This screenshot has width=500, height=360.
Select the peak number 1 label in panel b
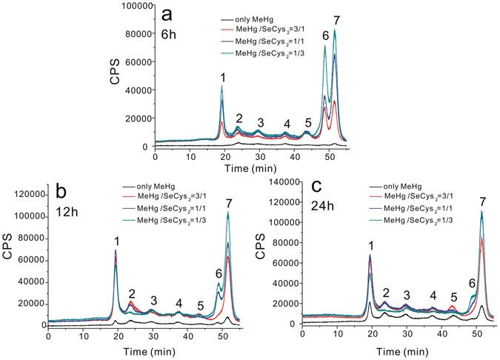tap(116, 241)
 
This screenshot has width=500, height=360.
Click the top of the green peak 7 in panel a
tap(335, 31)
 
